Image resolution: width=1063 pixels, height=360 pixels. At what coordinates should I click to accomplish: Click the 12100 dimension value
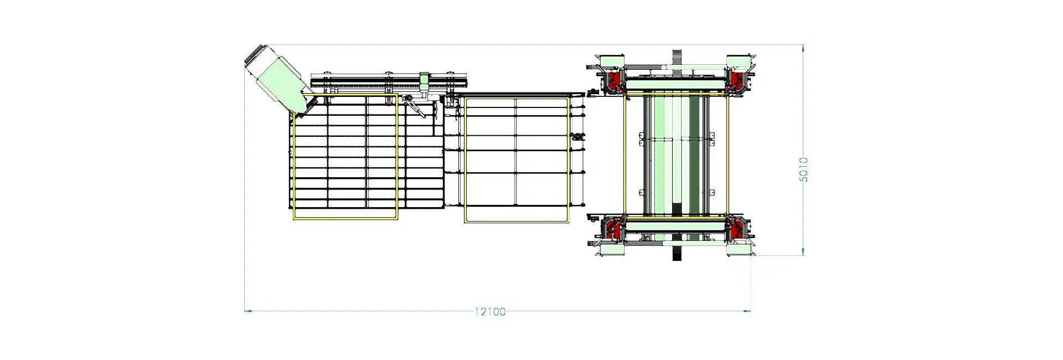490,312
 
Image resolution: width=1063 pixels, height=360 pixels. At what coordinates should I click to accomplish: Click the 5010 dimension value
803,169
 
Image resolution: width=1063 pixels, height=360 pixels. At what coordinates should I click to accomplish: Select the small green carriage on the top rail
424,81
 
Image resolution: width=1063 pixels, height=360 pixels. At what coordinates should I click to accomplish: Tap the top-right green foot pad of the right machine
739,60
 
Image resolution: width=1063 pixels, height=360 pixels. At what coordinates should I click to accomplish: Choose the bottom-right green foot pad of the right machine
739,250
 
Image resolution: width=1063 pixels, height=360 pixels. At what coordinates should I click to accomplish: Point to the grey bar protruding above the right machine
677,57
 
